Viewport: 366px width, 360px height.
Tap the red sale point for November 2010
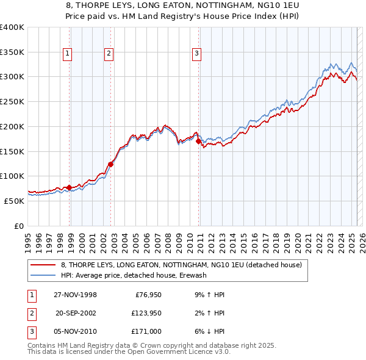point(199,141)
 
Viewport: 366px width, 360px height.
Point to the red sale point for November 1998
point(70,187)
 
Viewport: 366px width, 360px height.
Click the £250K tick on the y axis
point(12,102)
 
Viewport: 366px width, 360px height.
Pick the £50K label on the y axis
point(14,201)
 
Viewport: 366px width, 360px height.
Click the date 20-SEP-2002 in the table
point(76,313)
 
